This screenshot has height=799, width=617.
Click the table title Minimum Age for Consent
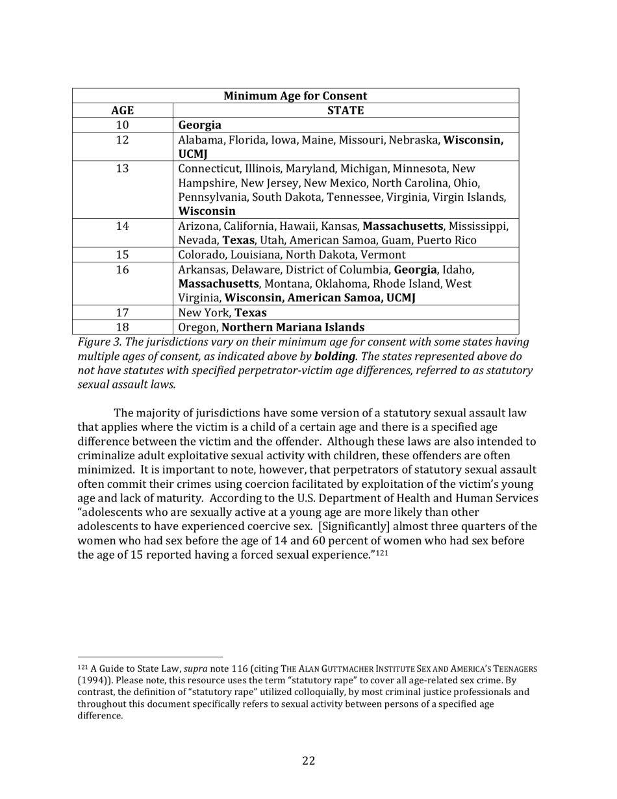[x=296, y=96]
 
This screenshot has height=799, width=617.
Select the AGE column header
[x=122, y=110]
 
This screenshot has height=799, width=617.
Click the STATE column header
[x=346, y=110]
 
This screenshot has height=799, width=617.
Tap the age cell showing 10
[x=122, y=125]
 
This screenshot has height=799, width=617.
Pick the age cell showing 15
[x=122, y=255]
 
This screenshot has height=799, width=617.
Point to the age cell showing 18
[x=122, y=327]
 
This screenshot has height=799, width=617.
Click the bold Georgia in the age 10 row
[x=199, y=125]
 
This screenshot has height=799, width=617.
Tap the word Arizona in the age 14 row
[x=198, y=226]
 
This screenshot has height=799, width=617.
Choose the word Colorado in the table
[x=202, y=255]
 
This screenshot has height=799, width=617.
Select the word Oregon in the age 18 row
[x=197, y=327]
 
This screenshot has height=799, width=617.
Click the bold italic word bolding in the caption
[x=334, y=357]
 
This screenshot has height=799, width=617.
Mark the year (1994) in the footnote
[x=95, y=680]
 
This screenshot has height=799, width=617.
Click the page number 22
[x=308, y=761]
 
